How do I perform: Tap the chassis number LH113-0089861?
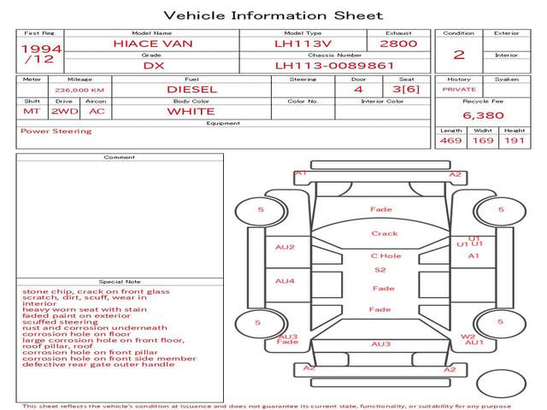[334, 65]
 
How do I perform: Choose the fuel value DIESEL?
[191, 89]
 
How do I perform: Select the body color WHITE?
[191, 111]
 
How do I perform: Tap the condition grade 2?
[459, 55]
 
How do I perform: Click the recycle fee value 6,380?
[483, 114]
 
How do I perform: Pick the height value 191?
[514, 140]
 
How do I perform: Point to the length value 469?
[450, 140]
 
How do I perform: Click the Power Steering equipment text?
[56, 132]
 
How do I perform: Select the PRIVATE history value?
[459, 89]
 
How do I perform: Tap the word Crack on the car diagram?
[385, 233]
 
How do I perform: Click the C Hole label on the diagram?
[385, 255]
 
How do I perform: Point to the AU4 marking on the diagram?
[285, 281]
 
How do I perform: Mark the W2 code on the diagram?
[468, 337]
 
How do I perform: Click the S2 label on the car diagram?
[380, 270]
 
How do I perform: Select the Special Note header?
[119, 281]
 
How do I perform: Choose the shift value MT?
[32, 111]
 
